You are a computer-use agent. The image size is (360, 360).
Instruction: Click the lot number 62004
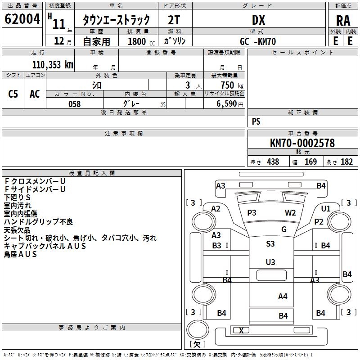tap(22, 19)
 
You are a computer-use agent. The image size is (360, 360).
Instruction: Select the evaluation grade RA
tap(343, 20)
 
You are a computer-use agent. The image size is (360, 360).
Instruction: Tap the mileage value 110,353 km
tap(52, 65)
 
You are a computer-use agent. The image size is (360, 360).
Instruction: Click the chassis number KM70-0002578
tap(302, 143)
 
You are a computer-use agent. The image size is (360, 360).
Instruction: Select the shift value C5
tap(13, 94)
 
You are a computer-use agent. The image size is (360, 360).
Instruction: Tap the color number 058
tap(74, 104)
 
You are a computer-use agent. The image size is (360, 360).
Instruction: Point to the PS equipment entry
tap(256, 121)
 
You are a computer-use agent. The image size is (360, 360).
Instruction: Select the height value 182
tap(346, 162)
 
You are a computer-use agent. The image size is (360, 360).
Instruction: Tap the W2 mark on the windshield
tap(290, 213)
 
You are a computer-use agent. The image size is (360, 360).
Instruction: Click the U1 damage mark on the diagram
tap(326, 208)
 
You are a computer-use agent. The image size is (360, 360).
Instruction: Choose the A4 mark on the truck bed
tap(283, 296)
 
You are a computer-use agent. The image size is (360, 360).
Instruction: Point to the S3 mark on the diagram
tap(270, 244)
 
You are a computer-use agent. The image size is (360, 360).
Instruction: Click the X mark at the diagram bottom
tap(241, 331)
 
